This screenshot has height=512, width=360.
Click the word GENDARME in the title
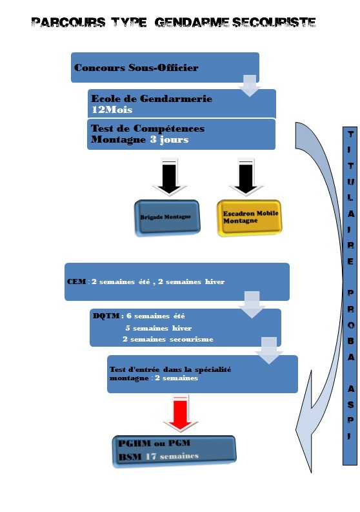click(192, 23)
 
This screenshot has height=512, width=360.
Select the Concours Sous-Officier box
click(165, 67)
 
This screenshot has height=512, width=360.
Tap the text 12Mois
click(112, 109)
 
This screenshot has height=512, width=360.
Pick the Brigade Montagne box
click(167, 217)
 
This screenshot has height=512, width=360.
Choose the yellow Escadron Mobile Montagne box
click(250, 218)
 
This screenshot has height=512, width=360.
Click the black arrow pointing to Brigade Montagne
click(170, 177)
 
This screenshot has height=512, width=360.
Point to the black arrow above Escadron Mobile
click(246, 177)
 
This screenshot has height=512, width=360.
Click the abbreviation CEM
click(76, 282)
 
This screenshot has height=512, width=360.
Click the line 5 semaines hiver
click(159, 328)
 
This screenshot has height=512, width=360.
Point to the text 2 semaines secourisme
click(168, 339)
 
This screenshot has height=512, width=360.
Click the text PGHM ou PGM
click(154, 444)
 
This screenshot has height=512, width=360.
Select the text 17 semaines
click(172, 456)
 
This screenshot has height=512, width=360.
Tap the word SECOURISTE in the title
click(274, 23)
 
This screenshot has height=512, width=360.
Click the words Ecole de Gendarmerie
click(152, 98)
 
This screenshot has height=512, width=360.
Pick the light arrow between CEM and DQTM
click(252, 304)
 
